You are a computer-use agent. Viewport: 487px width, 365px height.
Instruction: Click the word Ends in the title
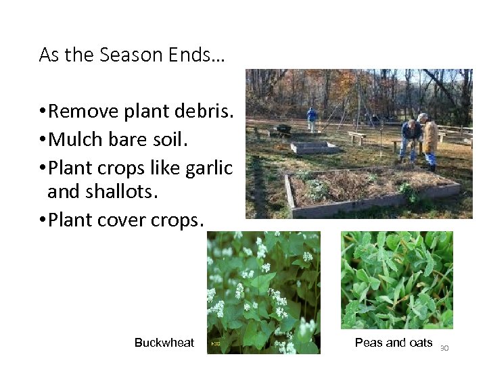tap(200, 55)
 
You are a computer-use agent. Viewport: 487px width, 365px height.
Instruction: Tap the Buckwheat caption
tap(164, 343)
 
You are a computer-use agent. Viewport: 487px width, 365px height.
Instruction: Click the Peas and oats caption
tap(393, 343)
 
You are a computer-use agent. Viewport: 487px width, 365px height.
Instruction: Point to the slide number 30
tap(444, 348)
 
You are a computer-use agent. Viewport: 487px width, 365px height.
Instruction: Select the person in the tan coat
tap(430, 141)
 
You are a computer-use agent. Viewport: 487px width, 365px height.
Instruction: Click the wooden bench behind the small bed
tap(356, 137)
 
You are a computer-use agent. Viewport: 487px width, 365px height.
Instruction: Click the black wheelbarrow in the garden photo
tap(283, 128)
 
